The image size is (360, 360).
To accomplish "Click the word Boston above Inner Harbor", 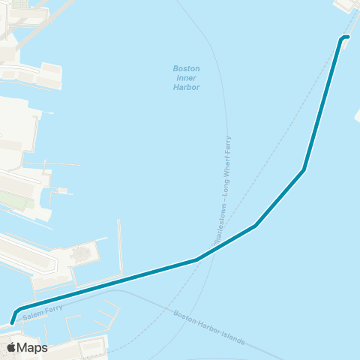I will tap(186, 69).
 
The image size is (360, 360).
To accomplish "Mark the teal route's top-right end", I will tap(347, 37).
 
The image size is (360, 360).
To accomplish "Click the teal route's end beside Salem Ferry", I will tap(13, 323).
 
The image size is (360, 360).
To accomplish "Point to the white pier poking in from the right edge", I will tap(356, 116).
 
